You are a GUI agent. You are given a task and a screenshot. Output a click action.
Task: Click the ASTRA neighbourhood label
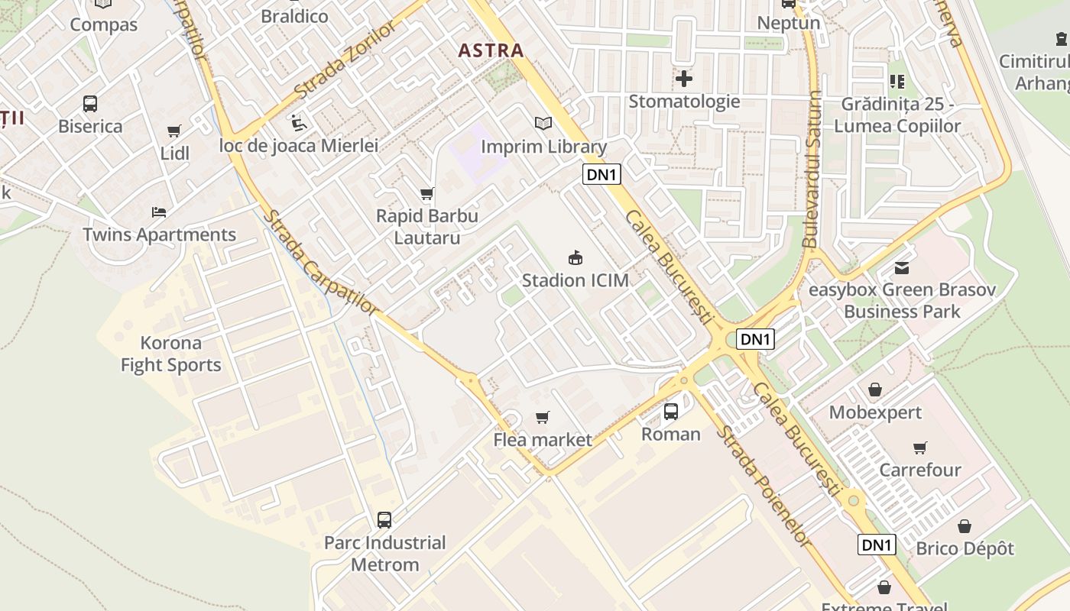pyautogui.click(x=491, y=51)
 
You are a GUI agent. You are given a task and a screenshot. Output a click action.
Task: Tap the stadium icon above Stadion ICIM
pyautogui.click(x=576, y=258)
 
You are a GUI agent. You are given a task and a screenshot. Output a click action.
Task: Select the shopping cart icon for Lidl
pyautogui.click(x=174, y=131)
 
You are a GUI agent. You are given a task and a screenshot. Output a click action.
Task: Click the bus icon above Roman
pyautogui.click(x=670, y=412)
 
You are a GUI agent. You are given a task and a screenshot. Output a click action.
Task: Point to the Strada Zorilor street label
pyautogui.click(x=345, y=60)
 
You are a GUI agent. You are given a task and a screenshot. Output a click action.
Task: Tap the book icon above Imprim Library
pyautogui.click(x=543, y=123)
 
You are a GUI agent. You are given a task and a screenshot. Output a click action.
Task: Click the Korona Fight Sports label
pyautogui.click(x=171, y=354)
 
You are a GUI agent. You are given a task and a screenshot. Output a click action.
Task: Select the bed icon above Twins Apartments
pyautogui.click(x=159, y=212)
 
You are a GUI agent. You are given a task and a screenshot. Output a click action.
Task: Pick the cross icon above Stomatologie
pyautogui.click(x=684, y=78)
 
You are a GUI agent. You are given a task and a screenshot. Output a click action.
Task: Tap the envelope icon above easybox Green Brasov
pyautogui.click(x=902, y=268)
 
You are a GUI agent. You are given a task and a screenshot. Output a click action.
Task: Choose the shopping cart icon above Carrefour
pyautogui.click(x=919, y=448)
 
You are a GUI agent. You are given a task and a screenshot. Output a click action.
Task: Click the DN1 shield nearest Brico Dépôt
pyautogui.click(x=877, y=545)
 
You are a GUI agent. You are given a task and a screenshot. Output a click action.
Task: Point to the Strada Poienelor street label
pyautogui.click(x=762, y=486)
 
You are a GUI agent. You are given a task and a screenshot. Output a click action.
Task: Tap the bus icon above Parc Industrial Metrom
pyautogui.click(x=384, y=520)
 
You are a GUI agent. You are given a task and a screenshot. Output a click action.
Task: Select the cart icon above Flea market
pyautogui.click(x=542, y=417)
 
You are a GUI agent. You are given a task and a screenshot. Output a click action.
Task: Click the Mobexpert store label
pyautogui.click(x=875, y=413)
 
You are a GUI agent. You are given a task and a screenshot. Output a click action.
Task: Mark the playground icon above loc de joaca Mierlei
pyautogui.click(x=298, y=122)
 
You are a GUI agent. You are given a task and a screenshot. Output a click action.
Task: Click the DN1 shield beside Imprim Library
pyautogui.click(x=601, y=174)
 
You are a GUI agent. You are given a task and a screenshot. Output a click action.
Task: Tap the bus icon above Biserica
pyautogui.click(x=90, y=104)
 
